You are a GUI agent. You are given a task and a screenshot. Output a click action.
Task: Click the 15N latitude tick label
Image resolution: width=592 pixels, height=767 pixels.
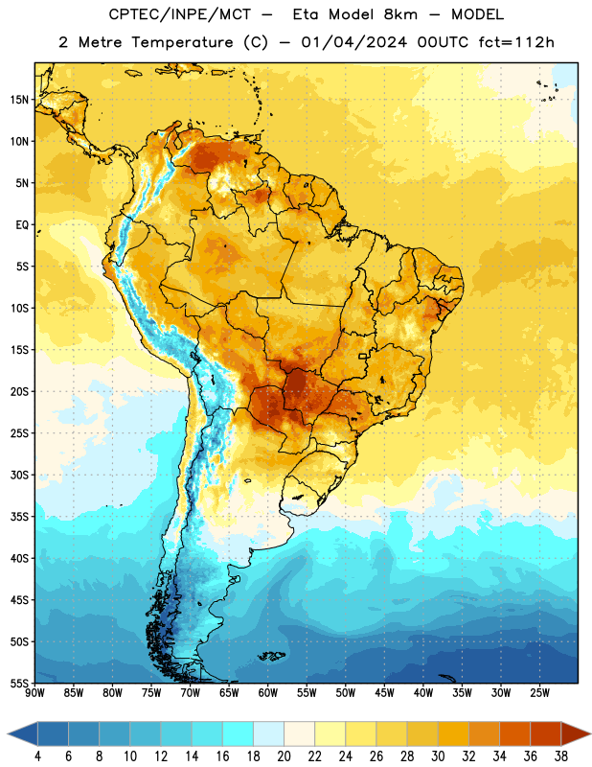coord(19,100)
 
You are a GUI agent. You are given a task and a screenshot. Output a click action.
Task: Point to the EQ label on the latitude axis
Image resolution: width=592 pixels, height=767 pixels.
coord(22,225)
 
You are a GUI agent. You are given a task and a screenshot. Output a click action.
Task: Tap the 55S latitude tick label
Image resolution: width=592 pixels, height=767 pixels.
coord(19,683)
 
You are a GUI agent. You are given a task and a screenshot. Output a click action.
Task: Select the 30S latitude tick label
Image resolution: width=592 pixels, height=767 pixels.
coord(19,475)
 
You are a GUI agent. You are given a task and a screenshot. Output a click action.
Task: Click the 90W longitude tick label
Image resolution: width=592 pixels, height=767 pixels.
coord(34,693)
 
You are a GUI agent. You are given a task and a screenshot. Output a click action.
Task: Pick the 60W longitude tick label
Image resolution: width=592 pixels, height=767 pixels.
coord(268,693)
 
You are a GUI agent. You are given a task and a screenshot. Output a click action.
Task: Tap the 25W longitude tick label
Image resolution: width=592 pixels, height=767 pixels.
coord(539,693)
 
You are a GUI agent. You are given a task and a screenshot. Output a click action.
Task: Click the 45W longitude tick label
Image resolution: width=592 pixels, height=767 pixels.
coord(384,693)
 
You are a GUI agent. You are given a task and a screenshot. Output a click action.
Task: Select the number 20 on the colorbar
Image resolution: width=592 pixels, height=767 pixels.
coord(284,756)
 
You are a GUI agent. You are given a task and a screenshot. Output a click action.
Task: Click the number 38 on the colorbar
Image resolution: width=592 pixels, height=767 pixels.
coord(561,756)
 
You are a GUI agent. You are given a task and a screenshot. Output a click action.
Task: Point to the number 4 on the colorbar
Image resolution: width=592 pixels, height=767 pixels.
coord(37,756)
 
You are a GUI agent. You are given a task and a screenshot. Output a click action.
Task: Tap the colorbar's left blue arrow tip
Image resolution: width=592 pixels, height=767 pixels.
coord(8,733)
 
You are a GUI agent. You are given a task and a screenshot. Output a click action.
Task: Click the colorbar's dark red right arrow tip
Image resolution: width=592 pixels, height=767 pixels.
coord(590,733)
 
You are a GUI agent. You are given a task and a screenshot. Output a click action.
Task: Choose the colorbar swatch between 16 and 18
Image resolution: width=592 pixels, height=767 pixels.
coord(238,733)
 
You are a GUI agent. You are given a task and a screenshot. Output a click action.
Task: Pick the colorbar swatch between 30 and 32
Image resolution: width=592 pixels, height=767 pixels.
coord(453,733)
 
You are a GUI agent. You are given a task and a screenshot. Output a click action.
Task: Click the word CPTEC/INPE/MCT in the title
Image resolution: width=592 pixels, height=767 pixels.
coord(180,14)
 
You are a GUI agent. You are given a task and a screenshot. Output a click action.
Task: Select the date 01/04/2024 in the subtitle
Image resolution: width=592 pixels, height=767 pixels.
coord(353,42)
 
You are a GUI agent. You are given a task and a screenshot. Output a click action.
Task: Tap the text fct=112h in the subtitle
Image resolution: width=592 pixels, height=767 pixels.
coord(516,42)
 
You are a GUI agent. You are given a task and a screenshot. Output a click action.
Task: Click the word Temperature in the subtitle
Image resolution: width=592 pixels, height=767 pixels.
coord(182,42)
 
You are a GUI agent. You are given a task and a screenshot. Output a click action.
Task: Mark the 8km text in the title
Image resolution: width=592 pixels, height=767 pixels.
coord(400,14)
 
